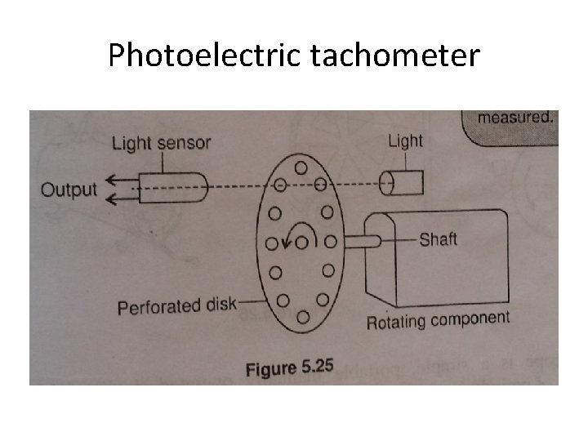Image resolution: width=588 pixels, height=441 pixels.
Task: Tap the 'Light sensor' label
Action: coord(161,143)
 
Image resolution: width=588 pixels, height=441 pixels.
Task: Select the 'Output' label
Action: coord(69,190)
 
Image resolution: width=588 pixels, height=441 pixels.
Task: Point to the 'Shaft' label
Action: coord(438,240)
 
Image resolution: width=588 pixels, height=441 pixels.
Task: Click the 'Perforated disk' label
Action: coord(175,305)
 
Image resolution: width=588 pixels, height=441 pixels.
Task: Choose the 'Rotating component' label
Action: coord(438,319)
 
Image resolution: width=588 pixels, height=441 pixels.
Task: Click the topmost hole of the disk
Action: coord(301,167)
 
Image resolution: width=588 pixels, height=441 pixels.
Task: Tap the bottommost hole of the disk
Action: coord(303,315)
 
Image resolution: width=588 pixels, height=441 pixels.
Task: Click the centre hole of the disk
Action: coord(303,242)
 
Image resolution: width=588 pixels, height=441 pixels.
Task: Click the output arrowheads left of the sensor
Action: coord(115,189)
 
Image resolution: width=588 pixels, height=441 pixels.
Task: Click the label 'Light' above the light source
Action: coord(405,140)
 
